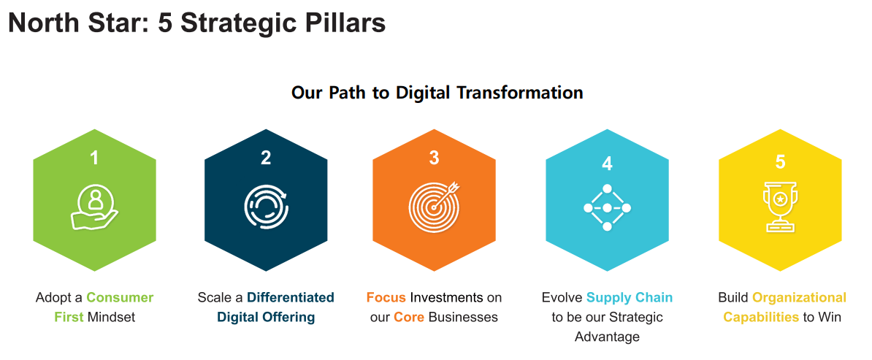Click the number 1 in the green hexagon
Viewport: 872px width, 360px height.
[94, 158]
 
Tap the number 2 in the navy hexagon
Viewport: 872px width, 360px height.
[266, 158]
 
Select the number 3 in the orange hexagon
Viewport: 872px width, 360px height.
[435, 158]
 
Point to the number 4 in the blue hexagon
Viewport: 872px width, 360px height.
[607, 163]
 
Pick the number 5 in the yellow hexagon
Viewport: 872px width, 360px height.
[780, 161]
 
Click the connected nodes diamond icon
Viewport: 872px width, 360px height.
[607, 207]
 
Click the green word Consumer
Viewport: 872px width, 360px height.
[120, 297]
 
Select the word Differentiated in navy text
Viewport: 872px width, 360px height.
[290, 297]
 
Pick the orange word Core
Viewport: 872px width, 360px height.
[405, 318]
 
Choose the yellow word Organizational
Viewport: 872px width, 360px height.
[799, 298]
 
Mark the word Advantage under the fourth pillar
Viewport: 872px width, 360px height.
[607, 337]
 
